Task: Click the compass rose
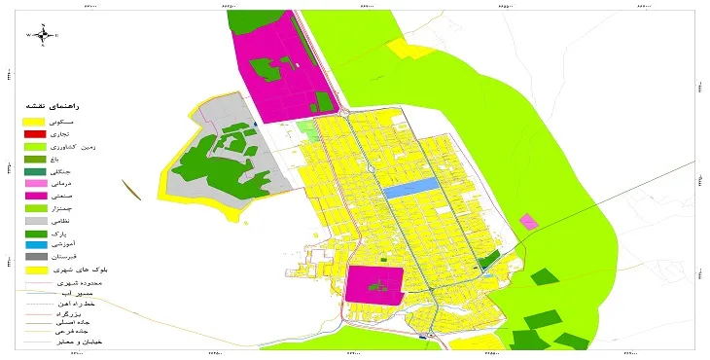point(44,35)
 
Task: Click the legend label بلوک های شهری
point(82,270)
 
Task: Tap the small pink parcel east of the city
point(528,222)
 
